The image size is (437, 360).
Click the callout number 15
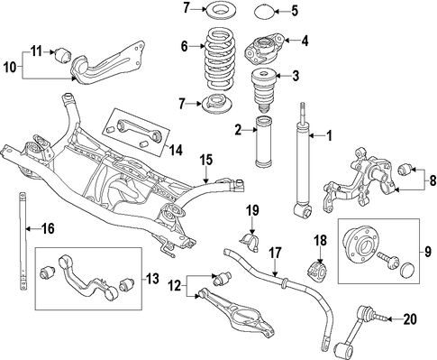tap(207, 160)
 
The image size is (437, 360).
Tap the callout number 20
tap(410, 319)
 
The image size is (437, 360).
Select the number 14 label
tap(176, 150)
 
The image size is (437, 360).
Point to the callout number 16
tap(48, 228)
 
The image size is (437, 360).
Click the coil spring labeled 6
tap(218, 59)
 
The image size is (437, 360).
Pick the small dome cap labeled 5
tap(263, 13)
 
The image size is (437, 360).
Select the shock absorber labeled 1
tap(303, 162)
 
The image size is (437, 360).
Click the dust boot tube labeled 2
tap(263, 142)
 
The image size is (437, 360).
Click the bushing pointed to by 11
tap(62, 55)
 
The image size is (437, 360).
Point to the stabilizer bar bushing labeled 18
tap(316, 271)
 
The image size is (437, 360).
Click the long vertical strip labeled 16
tap(23, 241)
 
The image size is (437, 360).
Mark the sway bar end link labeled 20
tap(358, 329)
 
